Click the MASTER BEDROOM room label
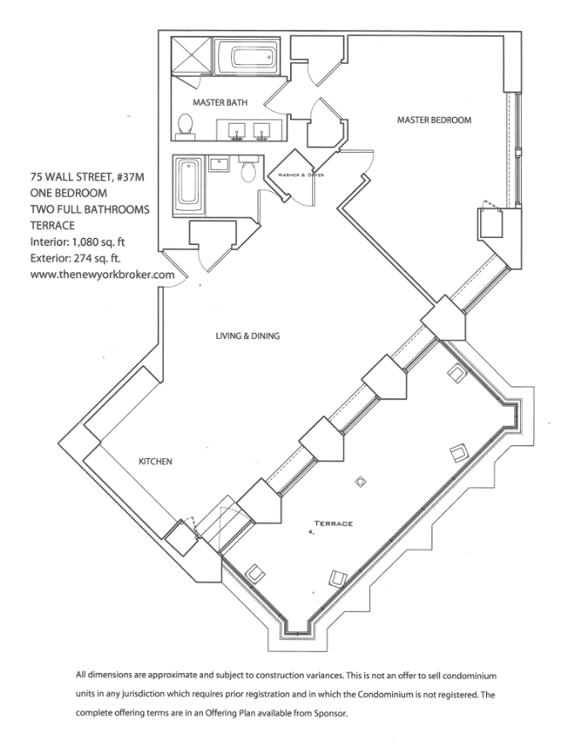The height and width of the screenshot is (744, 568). click(434, 120)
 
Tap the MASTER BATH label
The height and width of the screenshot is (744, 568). click(220, 102)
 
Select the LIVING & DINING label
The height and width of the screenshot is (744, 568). click(247, 336)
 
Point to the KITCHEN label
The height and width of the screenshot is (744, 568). click(155, 462)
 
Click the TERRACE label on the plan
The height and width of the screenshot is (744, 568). click(333, 523)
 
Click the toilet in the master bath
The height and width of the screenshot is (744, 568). click(185, 126)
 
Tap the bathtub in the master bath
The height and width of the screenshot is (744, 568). click(246, 57)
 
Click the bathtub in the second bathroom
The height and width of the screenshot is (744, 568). click(188, 186)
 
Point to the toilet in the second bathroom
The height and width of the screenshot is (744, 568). click(249, 169)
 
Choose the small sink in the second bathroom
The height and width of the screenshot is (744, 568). click(219, 164)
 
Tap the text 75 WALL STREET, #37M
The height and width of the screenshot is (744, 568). click(87, 177)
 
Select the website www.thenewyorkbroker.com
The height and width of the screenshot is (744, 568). click(102, 275)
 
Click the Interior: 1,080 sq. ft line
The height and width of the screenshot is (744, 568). click(78, 242)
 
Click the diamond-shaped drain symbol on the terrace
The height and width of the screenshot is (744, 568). click(361, 481)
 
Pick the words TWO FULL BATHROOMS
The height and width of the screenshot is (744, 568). click(90, 209)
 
